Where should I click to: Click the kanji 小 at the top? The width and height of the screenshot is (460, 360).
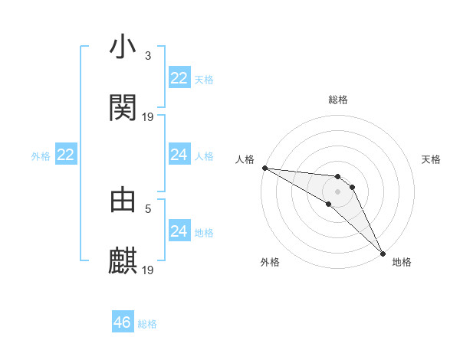point(123,47)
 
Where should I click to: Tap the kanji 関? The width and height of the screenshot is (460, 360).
point(123,108)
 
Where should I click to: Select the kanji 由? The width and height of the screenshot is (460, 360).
point(123,200)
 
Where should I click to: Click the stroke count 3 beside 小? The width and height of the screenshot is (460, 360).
point(148,56)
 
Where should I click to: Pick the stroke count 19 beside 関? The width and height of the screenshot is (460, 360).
point(148,117)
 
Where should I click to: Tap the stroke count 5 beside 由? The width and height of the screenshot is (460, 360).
point(148,208)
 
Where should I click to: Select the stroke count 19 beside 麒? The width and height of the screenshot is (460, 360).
point(148,270)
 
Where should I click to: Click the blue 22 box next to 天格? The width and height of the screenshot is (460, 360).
point(179,78)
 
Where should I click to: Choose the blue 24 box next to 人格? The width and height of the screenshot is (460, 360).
point(179,155)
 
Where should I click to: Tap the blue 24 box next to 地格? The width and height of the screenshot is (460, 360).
point(179,231)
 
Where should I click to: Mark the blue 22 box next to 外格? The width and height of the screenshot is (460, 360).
point(65,155)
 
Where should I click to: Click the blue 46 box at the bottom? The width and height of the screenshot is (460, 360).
point(122,322)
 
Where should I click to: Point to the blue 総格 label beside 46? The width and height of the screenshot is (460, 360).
point(147,324)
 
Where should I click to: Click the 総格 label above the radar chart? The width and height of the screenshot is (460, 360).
point(338,100)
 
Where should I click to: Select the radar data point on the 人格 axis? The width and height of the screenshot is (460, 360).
point(264,168)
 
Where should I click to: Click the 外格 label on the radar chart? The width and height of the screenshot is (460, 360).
point(270,262)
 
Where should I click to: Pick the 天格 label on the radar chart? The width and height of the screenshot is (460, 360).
point(431,159)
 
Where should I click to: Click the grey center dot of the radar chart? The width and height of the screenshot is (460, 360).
point(338,191)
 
